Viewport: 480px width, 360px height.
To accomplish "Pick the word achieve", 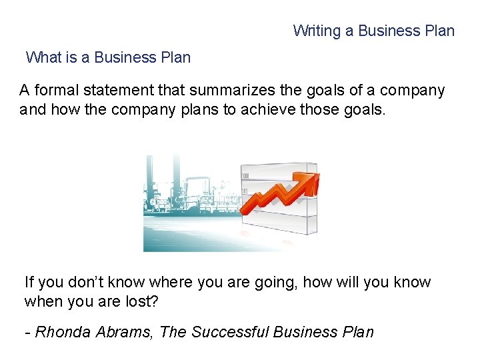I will [x=265, y=109].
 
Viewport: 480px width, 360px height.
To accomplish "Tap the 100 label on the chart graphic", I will [x=245, y=176].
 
